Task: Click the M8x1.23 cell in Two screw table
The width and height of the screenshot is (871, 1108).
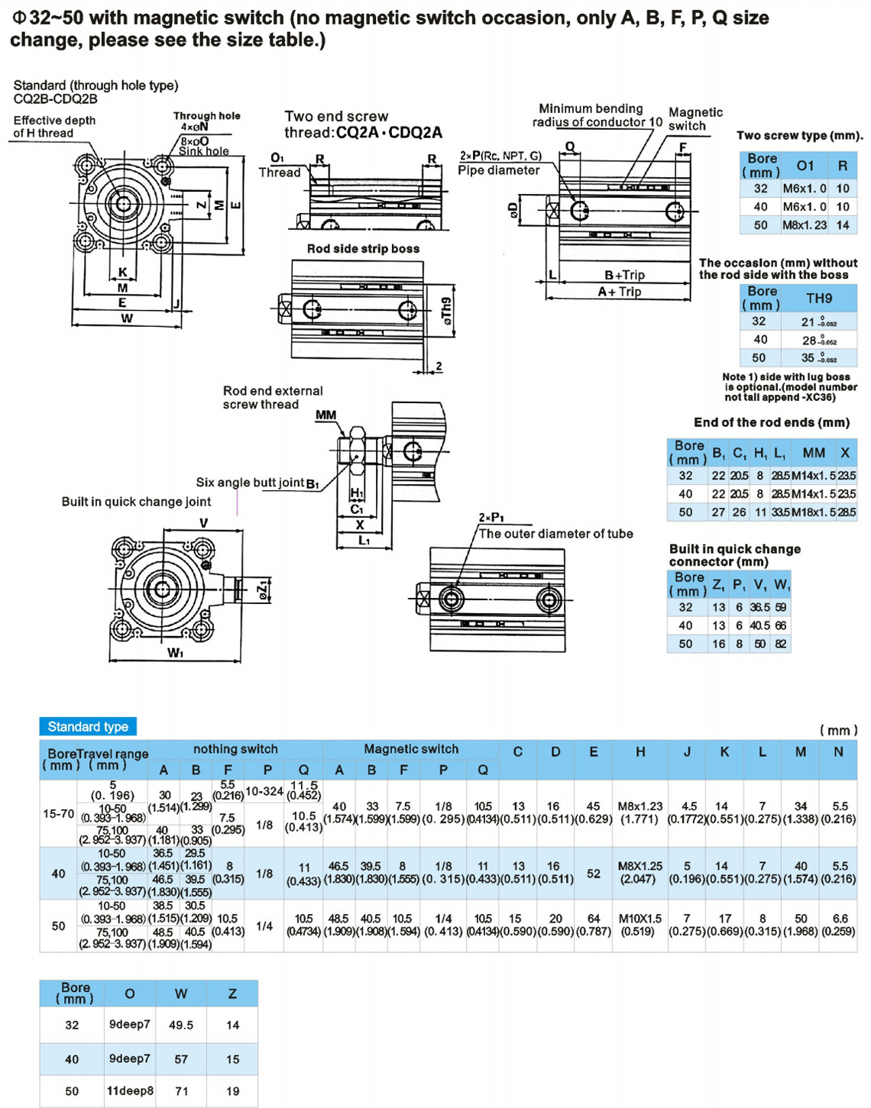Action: tap(804, 225)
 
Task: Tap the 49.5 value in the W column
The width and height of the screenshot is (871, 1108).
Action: tap(181, 1025)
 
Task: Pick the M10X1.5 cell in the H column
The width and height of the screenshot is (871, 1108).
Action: tap(639, 919)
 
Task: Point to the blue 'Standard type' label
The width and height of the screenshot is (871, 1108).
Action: tap(88, 726)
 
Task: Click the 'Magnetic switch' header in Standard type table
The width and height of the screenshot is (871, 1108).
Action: tap(411, 749)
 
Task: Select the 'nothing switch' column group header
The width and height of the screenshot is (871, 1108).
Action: tap(235, 749)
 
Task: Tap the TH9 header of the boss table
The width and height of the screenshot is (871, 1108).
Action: tap(818, 299)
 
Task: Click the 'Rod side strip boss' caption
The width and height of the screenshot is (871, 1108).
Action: tap(363, 249)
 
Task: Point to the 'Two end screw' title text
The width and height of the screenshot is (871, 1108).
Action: tap(336, 117)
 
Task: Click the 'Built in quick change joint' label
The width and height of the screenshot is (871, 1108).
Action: tap(136, 502)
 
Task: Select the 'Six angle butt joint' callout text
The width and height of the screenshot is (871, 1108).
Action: tap(250, 483)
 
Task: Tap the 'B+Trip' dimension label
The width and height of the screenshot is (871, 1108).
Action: tap(624, 275)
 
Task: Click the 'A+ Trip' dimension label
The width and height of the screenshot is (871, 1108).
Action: tap(620, 292)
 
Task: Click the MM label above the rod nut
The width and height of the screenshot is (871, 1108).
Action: tap(326, 415)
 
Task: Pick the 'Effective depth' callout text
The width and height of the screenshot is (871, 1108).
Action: tap(54, 121)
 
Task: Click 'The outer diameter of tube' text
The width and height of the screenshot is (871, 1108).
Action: tap(555, 534)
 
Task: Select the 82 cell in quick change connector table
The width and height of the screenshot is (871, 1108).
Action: tap(780, 644)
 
